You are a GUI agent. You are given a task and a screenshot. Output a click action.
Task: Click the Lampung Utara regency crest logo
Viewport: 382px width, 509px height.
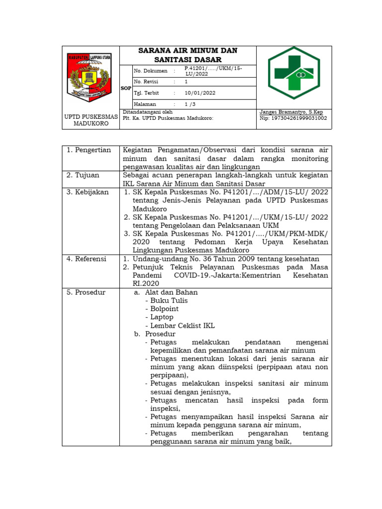tap(91, 77)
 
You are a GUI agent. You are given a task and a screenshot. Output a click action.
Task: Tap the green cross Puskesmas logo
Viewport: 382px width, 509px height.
tap(294, 73)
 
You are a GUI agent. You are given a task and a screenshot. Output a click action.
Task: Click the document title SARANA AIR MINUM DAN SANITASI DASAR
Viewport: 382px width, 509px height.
tap(188, 55)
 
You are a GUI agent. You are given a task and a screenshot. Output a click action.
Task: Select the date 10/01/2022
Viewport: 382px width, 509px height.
tap(200, 93)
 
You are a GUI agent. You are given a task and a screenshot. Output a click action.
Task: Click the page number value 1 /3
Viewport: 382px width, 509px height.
tap(191, 104)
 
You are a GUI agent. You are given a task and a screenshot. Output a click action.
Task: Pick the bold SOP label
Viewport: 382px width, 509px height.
tap(126, 88)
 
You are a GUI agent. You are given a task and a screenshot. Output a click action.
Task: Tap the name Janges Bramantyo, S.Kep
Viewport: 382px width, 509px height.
tap(291, 112)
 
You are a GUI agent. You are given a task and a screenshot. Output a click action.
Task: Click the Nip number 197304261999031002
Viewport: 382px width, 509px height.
tap(293, 118)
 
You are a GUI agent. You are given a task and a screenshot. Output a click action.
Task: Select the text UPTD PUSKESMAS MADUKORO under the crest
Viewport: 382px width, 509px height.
tap(91, 120)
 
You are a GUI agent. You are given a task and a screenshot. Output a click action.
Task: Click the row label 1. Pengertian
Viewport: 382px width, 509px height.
tap(89, 150)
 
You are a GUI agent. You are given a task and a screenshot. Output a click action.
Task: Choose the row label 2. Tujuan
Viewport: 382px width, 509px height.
tap(84, 175)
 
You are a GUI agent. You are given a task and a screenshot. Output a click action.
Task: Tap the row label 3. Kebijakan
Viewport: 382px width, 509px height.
tap(88, 192)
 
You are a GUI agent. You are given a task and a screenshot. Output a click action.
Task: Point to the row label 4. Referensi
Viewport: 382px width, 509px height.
tap(88, 259)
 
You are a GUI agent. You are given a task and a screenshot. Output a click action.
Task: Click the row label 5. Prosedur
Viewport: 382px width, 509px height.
tap(86, 292)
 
